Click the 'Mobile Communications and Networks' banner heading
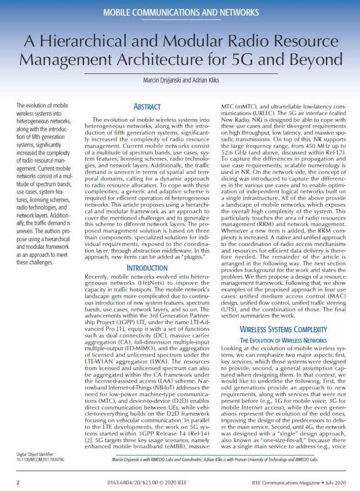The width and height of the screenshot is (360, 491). [180, 11]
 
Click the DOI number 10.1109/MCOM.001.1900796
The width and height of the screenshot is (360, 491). [43, 459]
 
